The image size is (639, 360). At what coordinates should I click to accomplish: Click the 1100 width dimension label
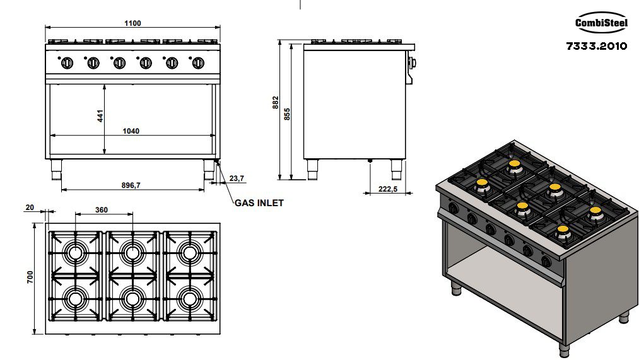tap(132, 23)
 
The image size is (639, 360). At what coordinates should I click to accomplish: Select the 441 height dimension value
tap(100, 116)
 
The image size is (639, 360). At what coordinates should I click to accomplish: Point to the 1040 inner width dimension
tap(131, 131)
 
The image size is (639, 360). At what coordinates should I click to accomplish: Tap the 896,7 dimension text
tap(131, 185)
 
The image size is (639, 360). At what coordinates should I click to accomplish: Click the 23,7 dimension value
tap(237, 178)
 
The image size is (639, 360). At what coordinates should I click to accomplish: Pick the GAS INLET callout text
tap(259, 203)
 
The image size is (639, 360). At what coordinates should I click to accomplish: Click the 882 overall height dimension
tap(276, 102)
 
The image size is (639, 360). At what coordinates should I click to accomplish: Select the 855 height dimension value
tap(287, 113)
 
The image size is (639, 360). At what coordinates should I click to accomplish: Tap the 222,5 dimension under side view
tap(387, 189)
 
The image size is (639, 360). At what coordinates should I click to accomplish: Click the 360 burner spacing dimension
tap(102, 210)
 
